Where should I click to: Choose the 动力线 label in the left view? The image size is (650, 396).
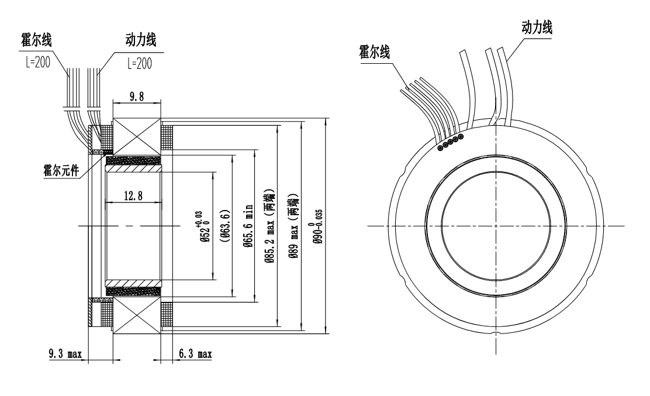pyautogui.click(x=141, y=42)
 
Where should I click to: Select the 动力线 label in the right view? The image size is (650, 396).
pyautogui.click(x=536, y=26)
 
